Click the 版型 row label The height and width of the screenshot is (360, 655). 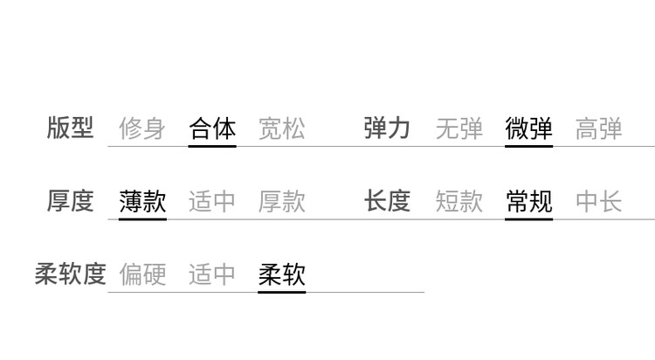point(70,128)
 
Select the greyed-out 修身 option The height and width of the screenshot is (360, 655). point(142,128)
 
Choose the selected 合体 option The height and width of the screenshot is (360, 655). point(212,128)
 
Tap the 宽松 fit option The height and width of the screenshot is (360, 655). point(282,128)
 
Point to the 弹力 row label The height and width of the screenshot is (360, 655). point(387,128)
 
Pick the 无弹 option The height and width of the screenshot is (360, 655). point(459,128)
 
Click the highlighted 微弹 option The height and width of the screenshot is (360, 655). point(529,128)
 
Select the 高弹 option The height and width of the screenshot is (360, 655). point(598,128)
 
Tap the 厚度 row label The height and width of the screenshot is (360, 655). point(70,201)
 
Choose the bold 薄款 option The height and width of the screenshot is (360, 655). point(142,201)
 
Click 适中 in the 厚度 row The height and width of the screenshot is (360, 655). point(212,201)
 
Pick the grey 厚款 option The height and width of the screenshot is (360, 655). point(282,201)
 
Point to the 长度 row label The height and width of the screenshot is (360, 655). point(387,201)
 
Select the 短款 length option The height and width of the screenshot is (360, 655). point(459,201)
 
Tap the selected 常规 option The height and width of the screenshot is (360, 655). point(529,201)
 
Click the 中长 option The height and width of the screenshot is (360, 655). point(598,201)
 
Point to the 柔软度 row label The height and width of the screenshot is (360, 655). point(70,273)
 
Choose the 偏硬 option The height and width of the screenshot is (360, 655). point(142,274)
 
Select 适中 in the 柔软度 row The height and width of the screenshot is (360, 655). point(212,274)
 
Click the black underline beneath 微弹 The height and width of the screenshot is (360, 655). point(529,146)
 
